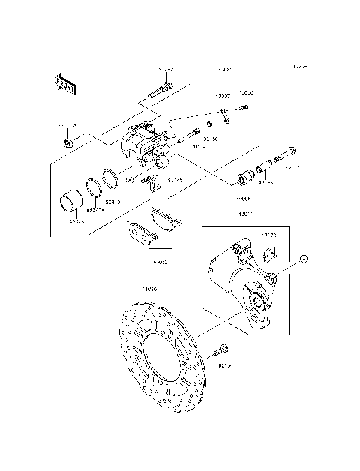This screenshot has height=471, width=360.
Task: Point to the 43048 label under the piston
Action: (77, 221)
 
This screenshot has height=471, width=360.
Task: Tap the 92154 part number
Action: (226, 366)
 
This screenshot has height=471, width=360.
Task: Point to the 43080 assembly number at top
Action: (225, 69)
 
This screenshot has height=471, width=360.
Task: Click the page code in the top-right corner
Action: (299, 67)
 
